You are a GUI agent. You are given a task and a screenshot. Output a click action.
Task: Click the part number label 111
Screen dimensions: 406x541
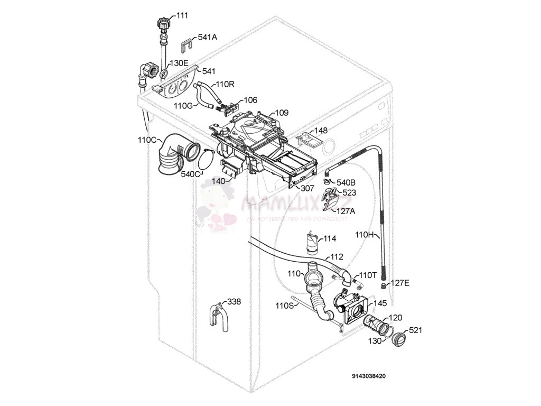(x=182, y=16)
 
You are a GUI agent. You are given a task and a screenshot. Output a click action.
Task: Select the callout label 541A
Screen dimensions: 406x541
(x=208, y=38)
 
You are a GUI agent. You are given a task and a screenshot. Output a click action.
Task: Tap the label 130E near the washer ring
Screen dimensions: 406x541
(x=179, y=63)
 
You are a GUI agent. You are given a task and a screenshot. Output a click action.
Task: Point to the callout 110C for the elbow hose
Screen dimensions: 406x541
(x=147, y=140)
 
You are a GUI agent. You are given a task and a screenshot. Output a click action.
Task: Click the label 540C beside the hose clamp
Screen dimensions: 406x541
(x=190, y=174)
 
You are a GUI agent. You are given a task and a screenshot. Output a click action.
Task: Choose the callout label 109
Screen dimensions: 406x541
(x=282, y=113)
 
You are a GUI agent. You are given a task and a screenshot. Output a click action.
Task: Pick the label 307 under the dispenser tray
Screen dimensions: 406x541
(x=307, y=188)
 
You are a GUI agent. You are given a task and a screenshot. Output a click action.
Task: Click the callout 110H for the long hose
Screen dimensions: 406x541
(x=364, y=234)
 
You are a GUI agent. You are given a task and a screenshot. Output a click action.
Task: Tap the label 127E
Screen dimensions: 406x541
(x=400, y=283)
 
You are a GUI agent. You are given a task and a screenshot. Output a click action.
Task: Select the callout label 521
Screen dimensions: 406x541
(x=416, y=330)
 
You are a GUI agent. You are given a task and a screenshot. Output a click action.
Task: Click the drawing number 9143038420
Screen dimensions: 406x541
(x=369, y=376)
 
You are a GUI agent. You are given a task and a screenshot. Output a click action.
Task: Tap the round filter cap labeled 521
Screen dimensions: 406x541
(x=399, y=339)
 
